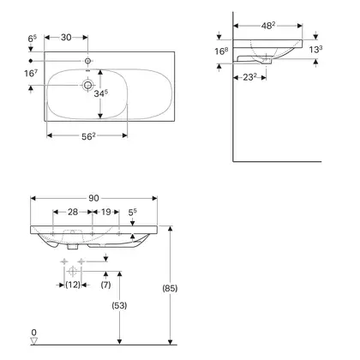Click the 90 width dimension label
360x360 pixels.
(x=93, y=198)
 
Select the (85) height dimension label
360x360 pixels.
(x=170, y=288)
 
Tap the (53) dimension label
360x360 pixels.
(x=119, y=305)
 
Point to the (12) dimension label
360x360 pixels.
(x=73, y=285)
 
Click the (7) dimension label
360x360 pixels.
(x=105, y=285)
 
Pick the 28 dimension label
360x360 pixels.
(x=73, y=212)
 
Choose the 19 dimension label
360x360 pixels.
(x=105, y=212)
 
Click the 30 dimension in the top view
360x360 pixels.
(x=66, y=37)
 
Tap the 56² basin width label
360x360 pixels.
(x=88, y=136)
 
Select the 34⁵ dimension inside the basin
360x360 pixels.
(x=101, y=93)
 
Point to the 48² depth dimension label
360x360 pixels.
(x=268, y=26)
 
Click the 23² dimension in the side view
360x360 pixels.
(x=249, y=77)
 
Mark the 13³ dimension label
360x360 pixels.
(x=315, y=50)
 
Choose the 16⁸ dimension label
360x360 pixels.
(x=221, y=51)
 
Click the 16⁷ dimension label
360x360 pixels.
(x=31, y=73)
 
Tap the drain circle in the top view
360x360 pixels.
(x=87, y=85)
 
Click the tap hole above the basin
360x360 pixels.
(x=87, y=61)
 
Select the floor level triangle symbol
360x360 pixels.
(x=34, y=340)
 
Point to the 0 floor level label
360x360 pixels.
(x=34, y=333)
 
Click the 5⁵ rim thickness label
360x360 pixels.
(x=132, y=212)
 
